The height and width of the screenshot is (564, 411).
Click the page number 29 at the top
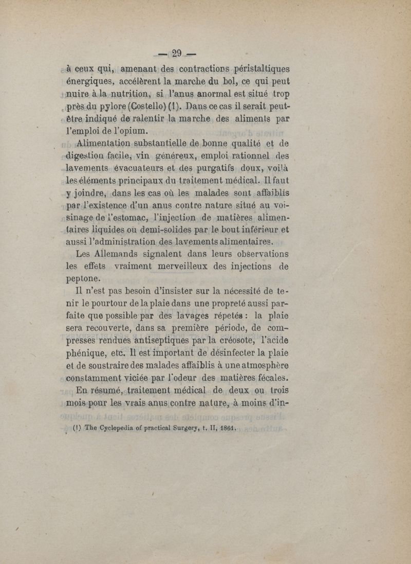pos(178,52)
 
